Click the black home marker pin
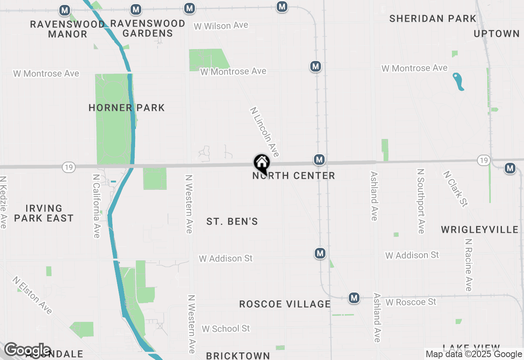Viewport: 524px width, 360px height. pyautogui.click(x=262, y=163)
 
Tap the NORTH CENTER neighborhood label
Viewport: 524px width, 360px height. pyautogui.click(x=294, y=176)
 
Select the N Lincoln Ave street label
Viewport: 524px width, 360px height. pyautogui.click(x=265, y=132)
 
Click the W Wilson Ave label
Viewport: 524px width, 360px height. pyautogui.click(x=221, y=26)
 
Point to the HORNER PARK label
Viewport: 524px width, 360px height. pyautogui.click(x=127, y=108)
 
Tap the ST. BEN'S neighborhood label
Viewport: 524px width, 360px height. pyautogui.click(x=232, y=221)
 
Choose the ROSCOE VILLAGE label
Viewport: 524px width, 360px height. pyautogui.click(x=285, y=304)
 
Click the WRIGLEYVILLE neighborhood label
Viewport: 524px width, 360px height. pyautogui.click(x=480, y=229)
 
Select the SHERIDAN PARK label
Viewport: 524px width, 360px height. pyautogui.click(x=433, y=18)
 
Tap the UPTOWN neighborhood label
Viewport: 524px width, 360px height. pyautogui.click(x=497, y=34)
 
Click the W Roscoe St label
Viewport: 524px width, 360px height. pyautogui.click(x=411, y=302)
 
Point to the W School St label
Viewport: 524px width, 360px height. pyautogui.click(x=226, y=328)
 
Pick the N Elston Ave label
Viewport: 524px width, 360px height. pyautogui.click(x=32, y=295)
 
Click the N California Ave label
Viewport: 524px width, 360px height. pyautogui.click(x=97, y=206)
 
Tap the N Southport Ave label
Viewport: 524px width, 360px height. pyautogui.click(x=420, y=201)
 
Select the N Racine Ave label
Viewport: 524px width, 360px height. pyautogui.click(x=468, y=265)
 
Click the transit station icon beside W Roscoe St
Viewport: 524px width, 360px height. pyautogui.click(x=354, y=298)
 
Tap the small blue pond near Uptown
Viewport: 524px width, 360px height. pyautogui.click(x=458, y=81)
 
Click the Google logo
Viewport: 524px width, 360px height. pyautogui.click(x=27, y=350)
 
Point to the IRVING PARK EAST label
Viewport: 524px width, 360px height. pyautogui.click(x=44, y=213)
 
